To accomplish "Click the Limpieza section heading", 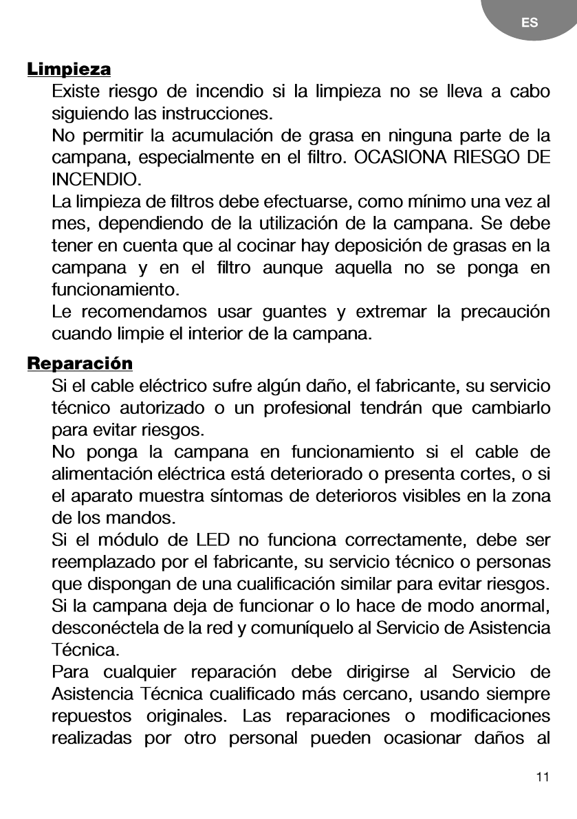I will pos(69,70).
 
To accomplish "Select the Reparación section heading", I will pos(80,362).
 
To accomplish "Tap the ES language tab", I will pos(530,23).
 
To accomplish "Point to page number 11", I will pos(543,778).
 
